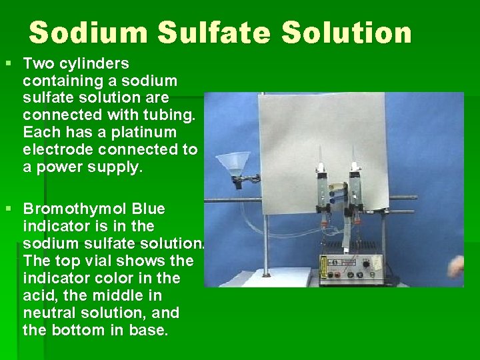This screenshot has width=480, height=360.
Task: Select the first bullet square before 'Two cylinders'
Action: coord(9,64)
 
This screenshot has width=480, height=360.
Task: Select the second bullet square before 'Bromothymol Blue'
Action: coord(9,209)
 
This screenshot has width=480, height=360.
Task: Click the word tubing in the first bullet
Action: coord(171,115)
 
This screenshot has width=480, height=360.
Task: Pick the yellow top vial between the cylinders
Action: coord(339,186)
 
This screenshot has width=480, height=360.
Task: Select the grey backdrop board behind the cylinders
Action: coord(320,133)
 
